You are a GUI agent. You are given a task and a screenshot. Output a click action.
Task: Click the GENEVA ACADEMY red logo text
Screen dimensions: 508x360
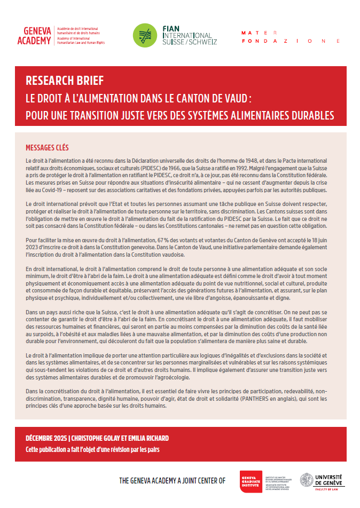(35, 36)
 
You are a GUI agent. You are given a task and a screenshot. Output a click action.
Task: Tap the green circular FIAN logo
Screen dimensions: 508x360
(144, 36)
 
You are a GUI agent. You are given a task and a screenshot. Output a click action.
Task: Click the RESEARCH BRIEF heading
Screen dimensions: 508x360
(65, 81)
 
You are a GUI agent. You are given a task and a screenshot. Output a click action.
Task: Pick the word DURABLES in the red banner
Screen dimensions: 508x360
(308, 115)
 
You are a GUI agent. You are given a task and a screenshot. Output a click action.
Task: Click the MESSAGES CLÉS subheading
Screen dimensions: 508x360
(48, 148)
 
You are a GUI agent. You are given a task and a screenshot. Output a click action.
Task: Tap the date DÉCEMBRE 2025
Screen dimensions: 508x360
(48, 438)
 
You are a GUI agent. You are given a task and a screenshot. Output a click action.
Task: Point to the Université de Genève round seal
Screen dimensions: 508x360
(307, 480)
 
